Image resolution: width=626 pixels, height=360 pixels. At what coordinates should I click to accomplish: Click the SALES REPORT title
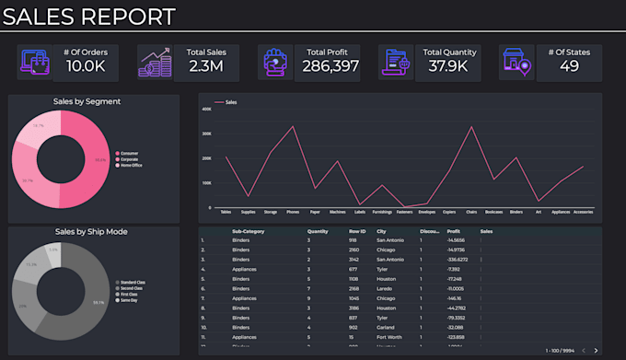tap(89, 16)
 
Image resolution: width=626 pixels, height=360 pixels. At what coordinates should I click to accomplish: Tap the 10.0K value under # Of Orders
tap(86, 66)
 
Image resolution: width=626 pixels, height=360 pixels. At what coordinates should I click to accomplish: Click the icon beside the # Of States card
tap(516, 63)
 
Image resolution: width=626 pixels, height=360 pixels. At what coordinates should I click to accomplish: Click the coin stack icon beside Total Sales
tap(154, 63)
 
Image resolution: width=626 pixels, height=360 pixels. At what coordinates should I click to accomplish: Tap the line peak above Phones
tap(293, 126)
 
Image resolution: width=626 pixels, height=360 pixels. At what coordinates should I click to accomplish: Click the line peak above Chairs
tap(471, 126)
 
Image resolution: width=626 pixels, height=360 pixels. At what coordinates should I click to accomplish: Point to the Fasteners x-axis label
tap(404, 212)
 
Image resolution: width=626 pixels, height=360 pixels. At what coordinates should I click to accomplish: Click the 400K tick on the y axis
tap(206, 109)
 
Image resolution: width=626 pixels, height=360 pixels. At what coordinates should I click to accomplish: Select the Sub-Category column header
tap(249, 232)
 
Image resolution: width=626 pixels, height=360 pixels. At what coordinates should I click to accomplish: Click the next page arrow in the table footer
tap(596, 350)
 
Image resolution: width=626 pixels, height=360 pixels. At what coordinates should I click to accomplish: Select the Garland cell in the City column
tap(388, 327)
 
